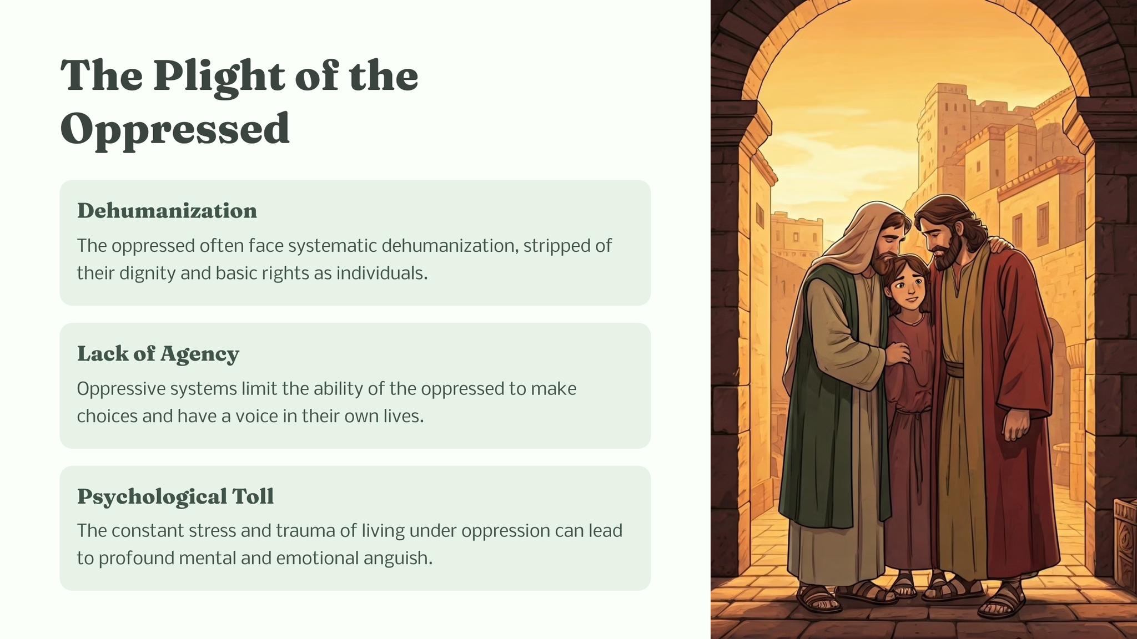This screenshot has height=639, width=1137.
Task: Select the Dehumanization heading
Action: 167,211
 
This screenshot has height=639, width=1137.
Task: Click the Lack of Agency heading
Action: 158,354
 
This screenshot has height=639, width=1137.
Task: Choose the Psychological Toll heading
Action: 175,496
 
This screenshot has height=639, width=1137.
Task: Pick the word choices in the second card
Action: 107,416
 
